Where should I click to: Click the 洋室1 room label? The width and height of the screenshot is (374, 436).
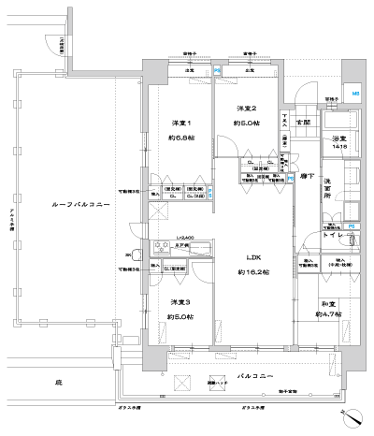pyautogui.click(x=180, y=124)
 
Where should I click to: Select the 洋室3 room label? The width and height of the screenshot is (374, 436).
pyautogui.click(x=180, y=302)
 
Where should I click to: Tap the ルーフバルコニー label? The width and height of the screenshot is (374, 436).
pyautogui.click(x=61, y=203)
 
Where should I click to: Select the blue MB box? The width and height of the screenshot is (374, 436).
pyautogui.click(x=355, y=94)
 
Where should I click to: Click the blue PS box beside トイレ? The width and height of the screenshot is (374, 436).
pyautogui.click(x=352, y=227)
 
